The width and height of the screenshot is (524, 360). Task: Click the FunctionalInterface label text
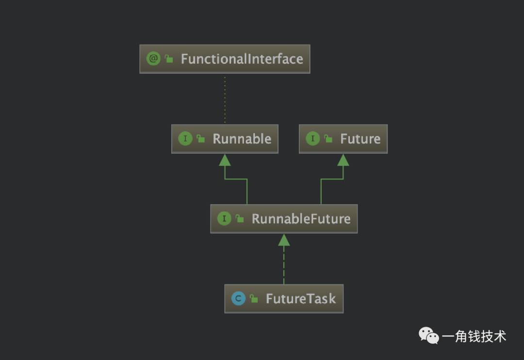242,59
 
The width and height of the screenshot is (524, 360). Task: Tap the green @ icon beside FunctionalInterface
153,59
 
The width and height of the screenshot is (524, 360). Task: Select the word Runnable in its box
242,139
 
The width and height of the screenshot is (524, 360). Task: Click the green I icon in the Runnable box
185,138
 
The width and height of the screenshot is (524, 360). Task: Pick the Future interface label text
360,139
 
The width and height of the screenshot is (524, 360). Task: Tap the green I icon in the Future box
313,138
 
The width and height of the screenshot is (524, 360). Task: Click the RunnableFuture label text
301,219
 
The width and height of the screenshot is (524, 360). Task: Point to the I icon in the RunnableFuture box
224,218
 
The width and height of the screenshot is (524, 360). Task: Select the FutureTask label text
301,298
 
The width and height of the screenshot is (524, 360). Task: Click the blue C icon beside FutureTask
238,298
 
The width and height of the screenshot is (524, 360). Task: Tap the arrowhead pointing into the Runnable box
225,160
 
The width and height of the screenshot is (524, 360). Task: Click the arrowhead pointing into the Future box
343,160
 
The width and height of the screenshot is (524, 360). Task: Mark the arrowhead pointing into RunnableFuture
284,240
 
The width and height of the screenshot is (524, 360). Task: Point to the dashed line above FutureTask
284,265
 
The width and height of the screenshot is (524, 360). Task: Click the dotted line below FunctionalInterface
225,99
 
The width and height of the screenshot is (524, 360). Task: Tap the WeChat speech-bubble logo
429,335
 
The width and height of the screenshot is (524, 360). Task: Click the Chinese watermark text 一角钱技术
474,336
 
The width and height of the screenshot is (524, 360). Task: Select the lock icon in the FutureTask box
254,298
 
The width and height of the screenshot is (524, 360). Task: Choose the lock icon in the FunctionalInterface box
169,59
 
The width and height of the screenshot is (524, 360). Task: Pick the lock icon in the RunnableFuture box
240,219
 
